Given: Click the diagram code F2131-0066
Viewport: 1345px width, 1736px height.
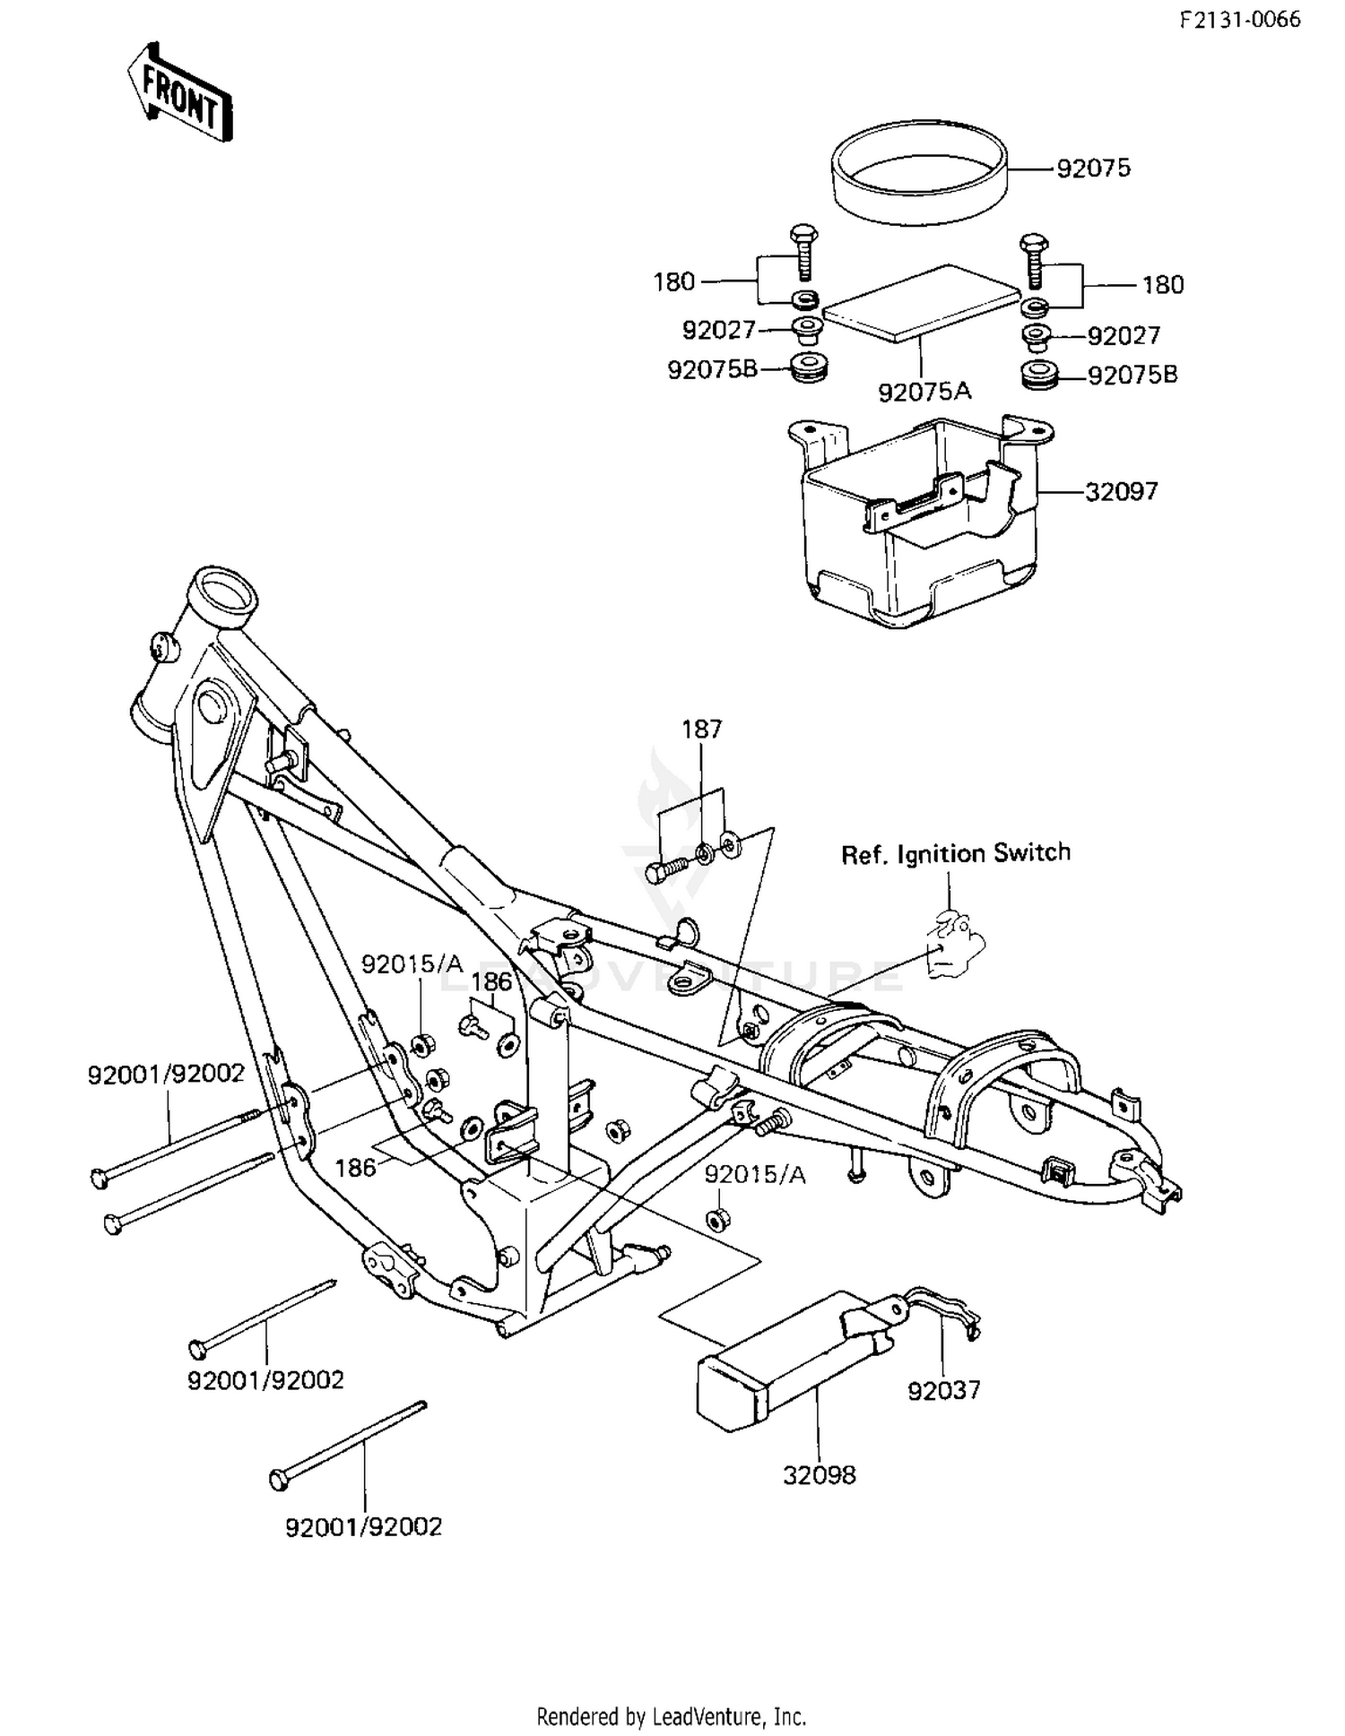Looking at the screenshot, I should coord(1239,21).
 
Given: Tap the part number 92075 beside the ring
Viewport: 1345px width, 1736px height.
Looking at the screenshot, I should coord(1093,168).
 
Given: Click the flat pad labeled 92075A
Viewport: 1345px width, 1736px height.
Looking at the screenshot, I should coord(922,303).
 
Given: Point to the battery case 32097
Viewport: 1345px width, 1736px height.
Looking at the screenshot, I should coord(919,529).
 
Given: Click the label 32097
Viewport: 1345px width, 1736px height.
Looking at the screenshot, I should coord(1121,491).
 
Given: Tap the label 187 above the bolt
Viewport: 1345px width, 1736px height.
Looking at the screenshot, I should coord(701,730).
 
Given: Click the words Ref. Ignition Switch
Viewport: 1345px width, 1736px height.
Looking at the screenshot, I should coord(955,852).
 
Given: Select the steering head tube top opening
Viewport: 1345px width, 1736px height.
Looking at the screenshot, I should coord(222,587).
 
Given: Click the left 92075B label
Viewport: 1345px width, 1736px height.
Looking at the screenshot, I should coord(712,369).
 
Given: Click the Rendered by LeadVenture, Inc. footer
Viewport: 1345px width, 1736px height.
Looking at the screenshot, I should coord(671,1716).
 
